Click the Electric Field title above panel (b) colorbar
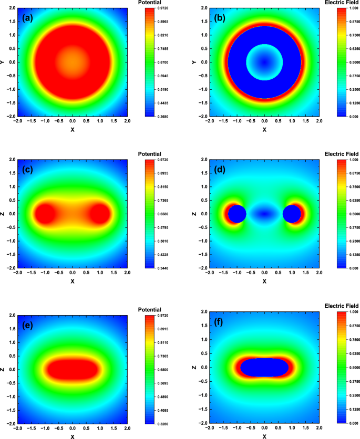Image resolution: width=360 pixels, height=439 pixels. tap(342, 3)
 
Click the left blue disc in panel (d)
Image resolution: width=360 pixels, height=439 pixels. tap(237, 214)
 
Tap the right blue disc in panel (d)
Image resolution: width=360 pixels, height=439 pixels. tap(292, 214)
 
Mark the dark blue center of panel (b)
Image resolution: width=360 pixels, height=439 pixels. tap(264, 62)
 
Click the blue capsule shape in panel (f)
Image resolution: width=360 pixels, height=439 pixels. tap(264, 367)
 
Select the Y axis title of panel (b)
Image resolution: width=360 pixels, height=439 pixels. tap(195, 62)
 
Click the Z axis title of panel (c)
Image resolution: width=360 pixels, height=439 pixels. tap(3, 214)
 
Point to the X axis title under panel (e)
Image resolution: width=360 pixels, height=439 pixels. tap(73, 436)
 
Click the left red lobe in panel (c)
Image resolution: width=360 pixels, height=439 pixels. tap(45, 214)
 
